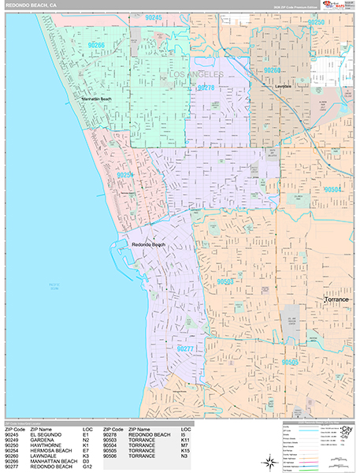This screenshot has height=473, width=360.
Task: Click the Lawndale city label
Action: click(x=284, y=86)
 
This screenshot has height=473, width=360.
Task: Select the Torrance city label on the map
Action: click(x=340, y=300)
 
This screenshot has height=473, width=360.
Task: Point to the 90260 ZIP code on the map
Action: click(x=273, y=71)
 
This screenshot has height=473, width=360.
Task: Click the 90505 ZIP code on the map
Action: click(x=291, y=362)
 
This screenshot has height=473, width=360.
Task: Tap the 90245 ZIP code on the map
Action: click(x=154, y=17)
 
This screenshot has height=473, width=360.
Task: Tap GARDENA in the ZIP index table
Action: click(x=43, y=439)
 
